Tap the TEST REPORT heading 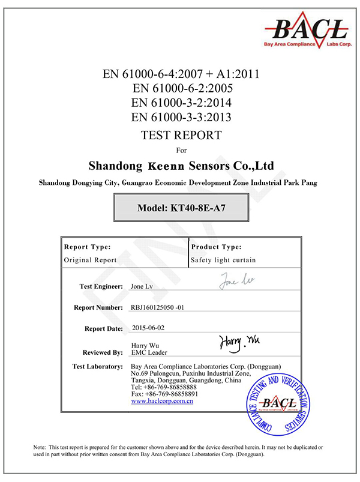point(181,134)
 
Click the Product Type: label point(216,247)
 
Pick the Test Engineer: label point(101,286)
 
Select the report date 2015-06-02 point(147,328)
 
